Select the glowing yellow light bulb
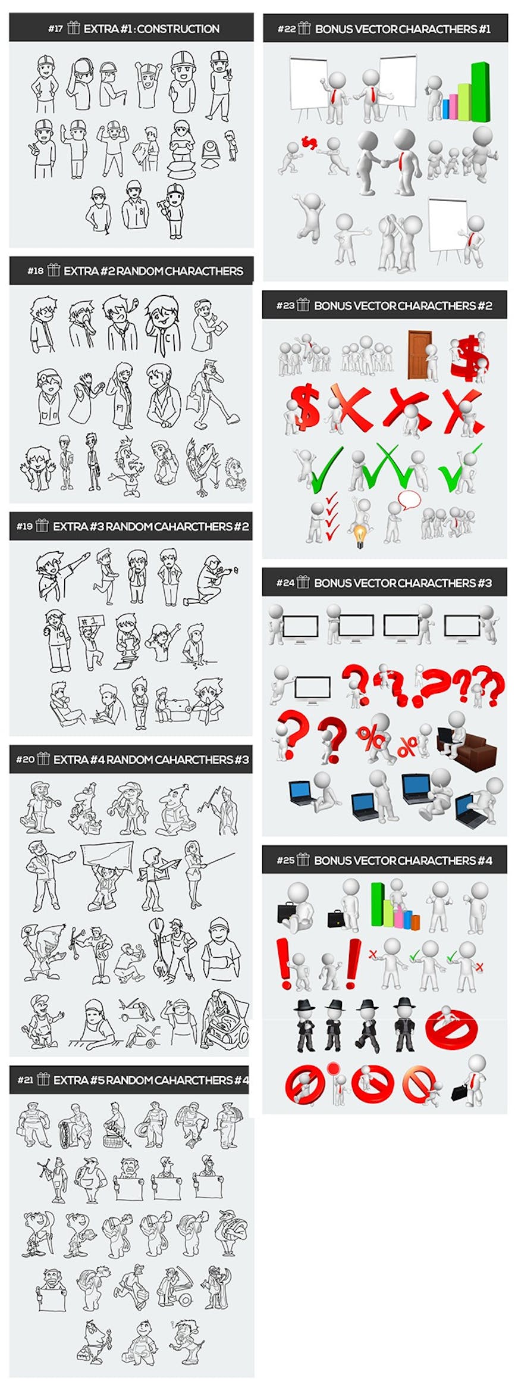[x=360, y=535]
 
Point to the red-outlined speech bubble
[x=409, y=499]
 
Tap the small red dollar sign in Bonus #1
[x=309, y=143]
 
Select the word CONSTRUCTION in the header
[x=178, y=29]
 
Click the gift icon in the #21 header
[x=42, y=1079]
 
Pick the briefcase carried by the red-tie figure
[x=460, y=1093]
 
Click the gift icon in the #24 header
[x=303, y=582]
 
